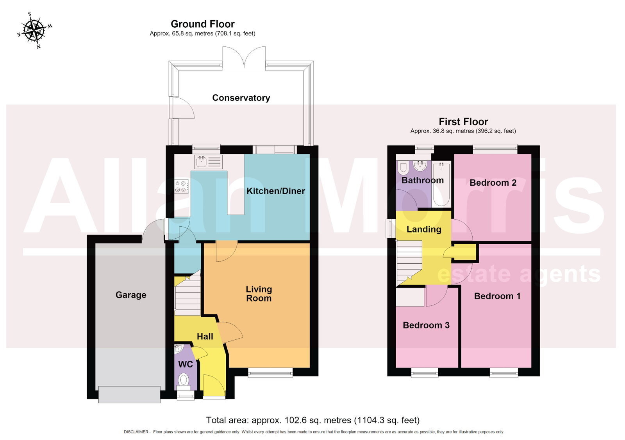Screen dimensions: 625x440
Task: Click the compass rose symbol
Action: [x=34, y=30]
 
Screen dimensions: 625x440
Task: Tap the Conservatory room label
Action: [x=241, y=98]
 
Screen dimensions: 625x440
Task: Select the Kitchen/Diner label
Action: [x=276, y=191]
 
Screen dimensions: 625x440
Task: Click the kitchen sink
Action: [x=209, y=162]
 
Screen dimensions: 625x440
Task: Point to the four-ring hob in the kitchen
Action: [x=182, y=186]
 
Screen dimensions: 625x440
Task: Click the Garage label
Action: [x=131, y=295]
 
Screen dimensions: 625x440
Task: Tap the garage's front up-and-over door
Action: [x=129, y=395]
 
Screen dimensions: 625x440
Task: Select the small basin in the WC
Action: [x=179, y=348]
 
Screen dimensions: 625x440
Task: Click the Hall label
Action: [x=205, y=336]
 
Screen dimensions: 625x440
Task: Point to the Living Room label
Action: [x=259, y=294]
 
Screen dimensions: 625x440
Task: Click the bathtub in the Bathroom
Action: [x=441, y=184]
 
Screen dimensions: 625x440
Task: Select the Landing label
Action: [x=424, y=229]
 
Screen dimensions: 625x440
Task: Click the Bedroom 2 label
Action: [x=493, y=183]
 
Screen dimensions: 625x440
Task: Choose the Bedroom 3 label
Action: [x=426, y=325]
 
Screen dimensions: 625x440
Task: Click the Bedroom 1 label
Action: [x=497, y=296]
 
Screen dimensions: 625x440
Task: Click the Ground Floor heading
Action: [x=203, y=24]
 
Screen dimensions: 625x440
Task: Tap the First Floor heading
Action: [x=463, y=122]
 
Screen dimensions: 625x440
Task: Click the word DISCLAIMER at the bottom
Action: [x=136, y=432]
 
